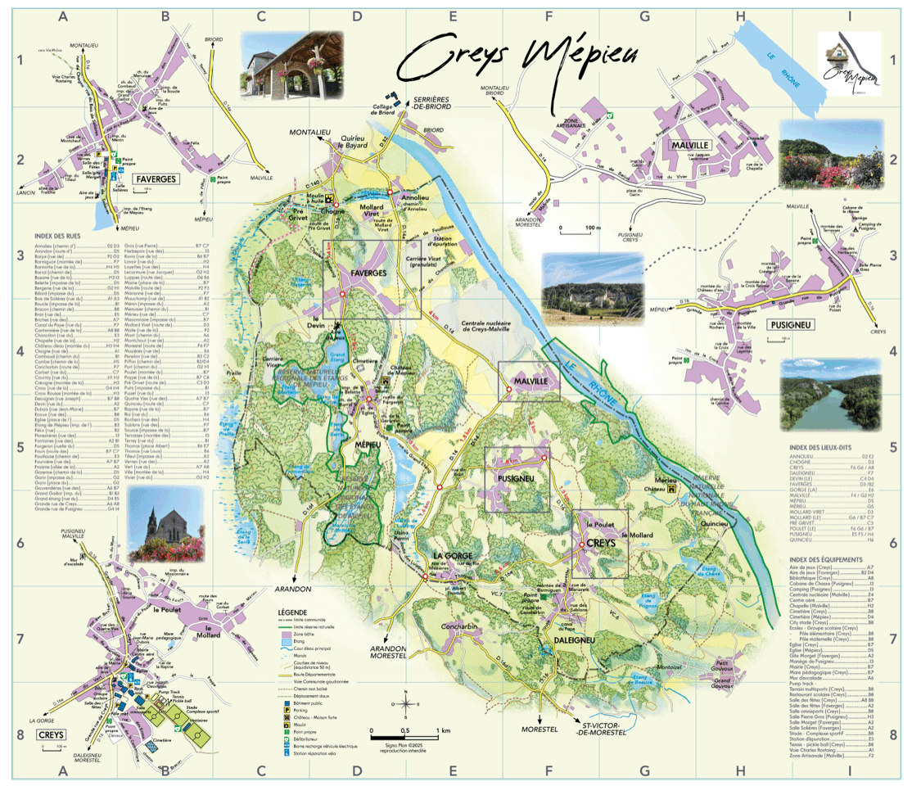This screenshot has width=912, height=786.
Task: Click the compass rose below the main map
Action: (x=405, y=703)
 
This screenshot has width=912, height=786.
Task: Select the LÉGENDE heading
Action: (x=293, y=612)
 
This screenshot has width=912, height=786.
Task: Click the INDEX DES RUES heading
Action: (x=57, y=237)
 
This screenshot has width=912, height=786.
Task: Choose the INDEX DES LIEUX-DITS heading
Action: (x=824, y=449)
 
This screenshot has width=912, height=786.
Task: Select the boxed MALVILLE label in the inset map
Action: (x=688, y=145)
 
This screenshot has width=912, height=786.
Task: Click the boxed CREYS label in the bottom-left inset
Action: (x=51, y=734)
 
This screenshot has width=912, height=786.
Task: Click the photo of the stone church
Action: (x=166, y=525)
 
